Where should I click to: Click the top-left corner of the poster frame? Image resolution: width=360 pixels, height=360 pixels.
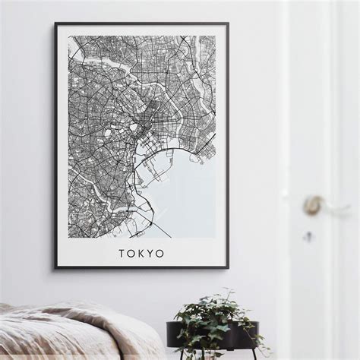point(55,24)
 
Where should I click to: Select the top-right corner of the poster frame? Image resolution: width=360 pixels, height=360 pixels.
point(227,24)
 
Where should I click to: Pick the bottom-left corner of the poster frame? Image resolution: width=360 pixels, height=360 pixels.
point(55,267)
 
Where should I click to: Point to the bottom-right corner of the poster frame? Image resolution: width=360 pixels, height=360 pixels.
point(227,267)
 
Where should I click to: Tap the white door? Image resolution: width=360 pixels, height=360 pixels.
point(319,114)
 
